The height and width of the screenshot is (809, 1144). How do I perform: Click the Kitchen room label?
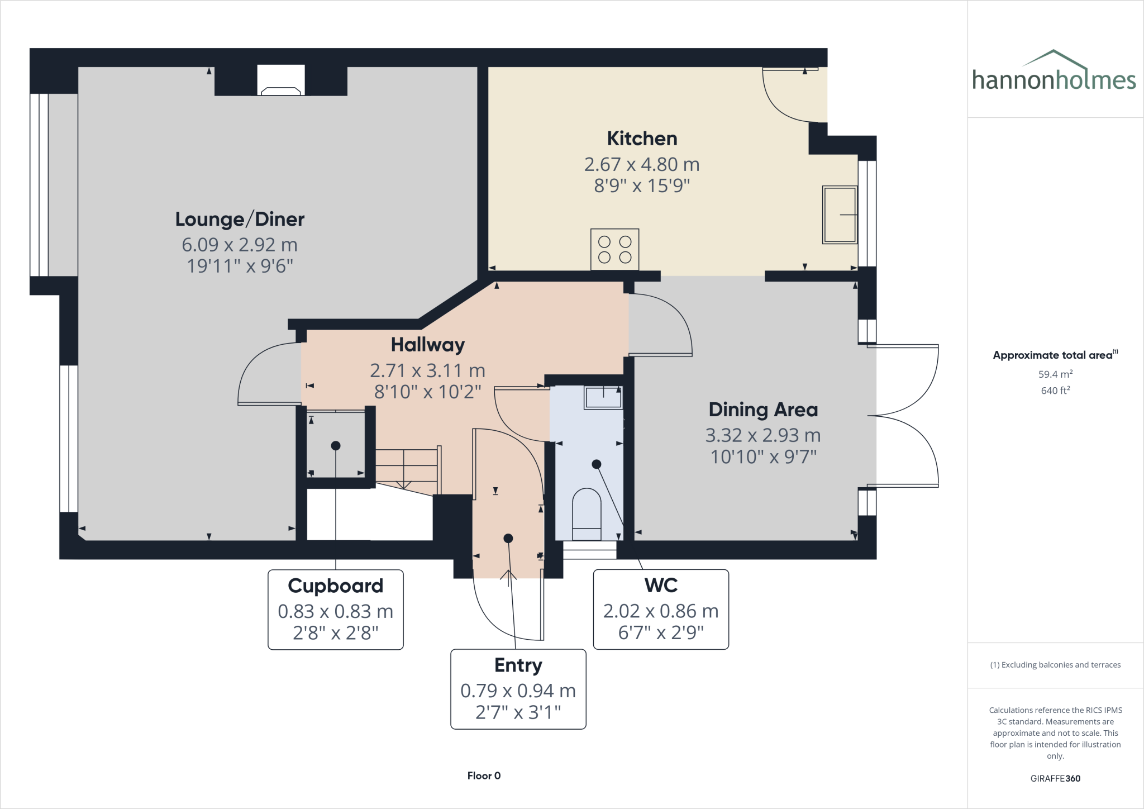click(642, 139)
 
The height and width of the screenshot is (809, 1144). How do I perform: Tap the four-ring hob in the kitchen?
click(614, 250)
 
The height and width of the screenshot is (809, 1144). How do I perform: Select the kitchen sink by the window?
click(840, 215)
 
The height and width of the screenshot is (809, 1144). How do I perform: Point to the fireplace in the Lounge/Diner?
click(281, 81)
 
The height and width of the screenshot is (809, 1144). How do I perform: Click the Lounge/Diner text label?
click(240, 219)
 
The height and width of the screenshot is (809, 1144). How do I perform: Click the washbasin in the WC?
click(603, 397)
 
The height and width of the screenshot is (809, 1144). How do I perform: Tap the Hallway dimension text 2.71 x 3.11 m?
click(427, 370)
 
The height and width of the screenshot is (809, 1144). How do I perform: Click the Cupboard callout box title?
click(335, 586)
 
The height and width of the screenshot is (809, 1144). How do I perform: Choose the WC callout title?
click(661, 585)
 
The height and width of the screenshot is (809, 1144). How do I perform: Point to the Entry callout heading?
click(518, 665)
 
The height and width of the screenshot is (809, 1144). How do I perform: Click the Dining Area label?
click(763, 410)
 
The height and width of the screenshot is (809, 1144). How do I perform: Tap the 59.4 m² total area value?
click(1055, 374)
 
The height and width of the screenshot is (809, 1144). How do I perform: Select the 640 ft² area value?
click(1055, 391)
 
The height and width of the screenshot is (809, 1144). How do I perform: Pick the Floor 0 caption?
click(484, 775)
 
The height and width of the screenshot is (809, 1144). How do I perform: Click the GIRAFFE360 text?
click(1055, 778)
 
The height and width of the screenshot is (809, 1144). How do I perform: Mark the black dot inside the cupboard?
click(336, 446)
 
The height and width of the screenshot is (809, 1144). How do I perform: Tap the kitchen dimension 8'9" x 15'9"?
click(642, 185)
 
